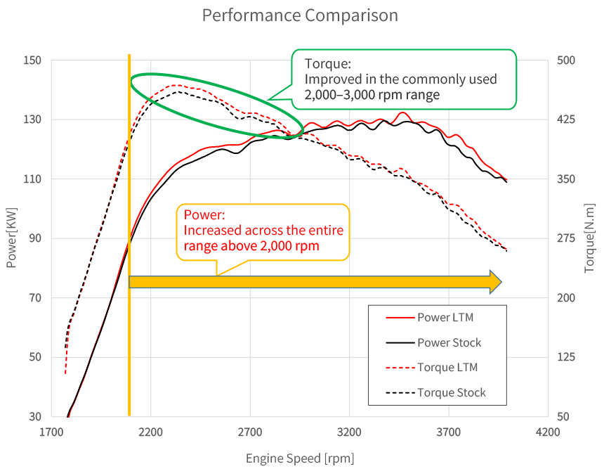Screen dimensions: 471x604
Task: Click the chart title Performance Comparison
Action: (x=300, y=15)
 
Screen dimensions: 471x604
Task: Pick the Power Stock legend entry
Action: (x=449, y=342)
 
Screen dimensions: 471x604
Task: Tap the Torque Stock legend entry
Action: (x=452, y=392)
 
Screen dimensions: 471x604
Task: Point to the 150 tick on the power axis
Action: (x=32, y=60)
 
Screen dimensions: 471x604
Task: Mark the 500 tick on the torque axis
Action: (x=566, y=60)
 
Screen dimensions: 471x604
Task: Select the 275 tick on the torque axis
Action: (x=566, y=238)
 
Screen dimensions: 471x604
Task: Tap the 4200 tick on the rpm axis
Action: (x=547, y=432)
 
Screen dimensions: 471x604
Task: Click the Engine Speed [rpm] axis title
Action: (x=300, y=458)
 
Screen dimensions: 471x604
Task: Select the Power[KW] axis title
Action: (x=11, y=238)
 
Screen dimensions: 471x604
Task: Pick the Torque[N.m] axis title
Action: (x=591, y=238)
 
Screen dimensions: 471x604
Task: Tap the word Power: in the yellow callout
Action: (x=203, y=215)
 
